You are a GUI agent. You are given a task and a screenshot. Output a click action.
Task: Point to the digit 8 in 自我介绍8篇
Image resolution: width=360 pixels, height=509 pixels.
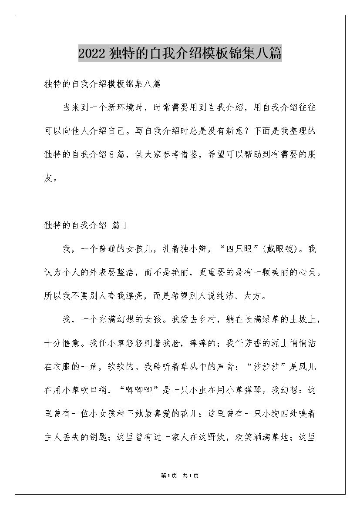[111, 154]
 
